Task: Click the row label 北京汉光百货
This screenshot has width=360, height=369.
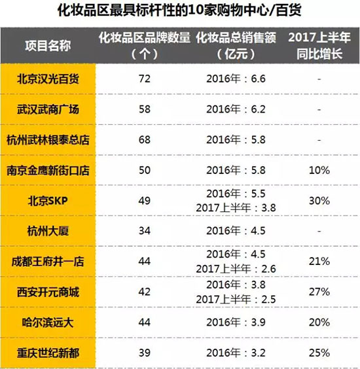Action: point(49,79)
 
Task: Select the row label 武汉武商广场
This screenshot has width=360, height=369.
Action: point(49,109)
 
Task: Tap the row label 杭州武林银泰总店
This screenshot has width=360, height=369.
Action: point(49,139)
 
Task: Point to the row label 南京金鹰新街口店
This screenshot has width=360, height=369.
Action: point(49,170)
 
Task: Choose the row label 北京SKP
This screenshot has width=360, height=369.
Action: point(49,200)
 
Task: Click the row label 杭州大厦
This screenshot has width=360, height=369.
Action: point(49,231)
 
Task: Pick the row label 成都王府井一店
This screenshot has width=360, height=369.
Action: point(49,262)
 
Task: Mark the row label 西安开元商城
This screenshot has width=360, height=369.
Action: point(49,292)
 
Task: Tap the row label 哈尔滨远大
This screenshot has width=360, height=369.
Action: point(49,323)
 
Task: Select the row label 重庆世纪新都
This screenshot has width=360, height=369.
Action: point(49,353)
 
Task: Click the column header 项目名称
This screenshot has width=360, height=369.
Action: point(49,44)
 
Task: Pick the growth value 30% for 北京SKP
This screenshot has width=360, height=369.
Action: point(319,200)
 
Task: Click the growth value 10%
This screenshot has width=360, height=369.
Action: point(319,170)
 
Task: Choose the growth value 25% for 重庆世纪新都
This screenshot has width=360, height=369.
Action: point(319,353)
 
